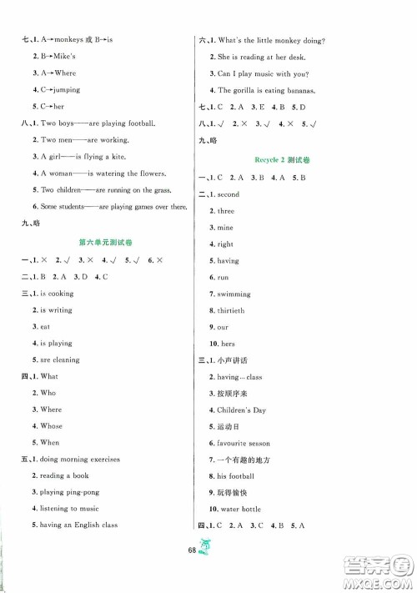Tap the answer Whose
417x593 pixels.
tap(50, 425)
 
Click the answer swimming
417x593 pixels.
tap(234, 294)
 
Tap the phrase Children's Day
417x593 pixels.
tap(243, 410)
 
